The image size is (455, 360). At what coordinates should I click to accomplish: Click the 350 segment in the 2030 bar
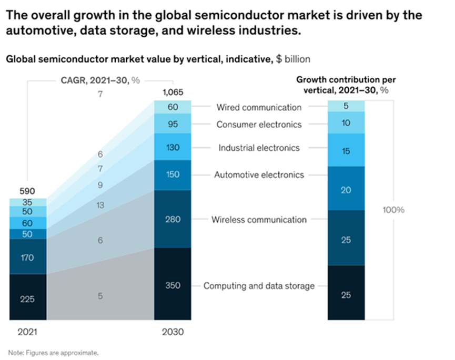click(173, 285)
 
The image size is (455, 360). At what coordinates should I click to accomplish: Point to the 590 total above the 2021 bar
click(28, 191)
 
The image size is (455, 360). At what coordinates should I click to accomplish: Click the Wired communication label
click(259, 107)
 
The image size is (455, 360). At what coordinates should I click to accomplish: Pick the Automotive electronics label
click(259, 174)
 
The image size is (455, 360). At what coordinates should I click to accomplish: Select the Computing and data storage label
click(259, 286)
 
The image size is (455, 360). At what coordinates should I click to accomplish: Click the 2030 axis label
click(173, 332)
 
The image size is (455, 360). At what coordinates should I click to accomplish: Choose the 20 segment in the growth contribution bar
click(346, 190)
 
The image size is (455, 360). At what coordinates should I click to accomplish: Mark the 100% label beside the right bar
click(393, 210)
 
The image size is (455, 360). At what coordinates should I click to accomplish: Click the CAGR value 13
click(100, 205)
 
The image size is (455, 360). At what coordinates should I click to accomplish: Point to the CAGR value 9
click(100, 185)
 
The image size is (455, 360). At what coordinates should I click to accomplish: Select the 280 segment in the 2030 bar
click(173, 219)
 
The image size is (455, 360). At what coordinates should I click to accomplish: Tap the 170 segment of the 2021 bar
click(28, 257)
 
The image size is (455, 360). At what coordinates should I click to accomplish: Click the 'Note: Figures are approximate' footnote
click(53, 352)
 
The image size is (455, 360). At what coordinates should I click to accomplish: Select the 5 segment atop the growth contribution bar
click(346, 106)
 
